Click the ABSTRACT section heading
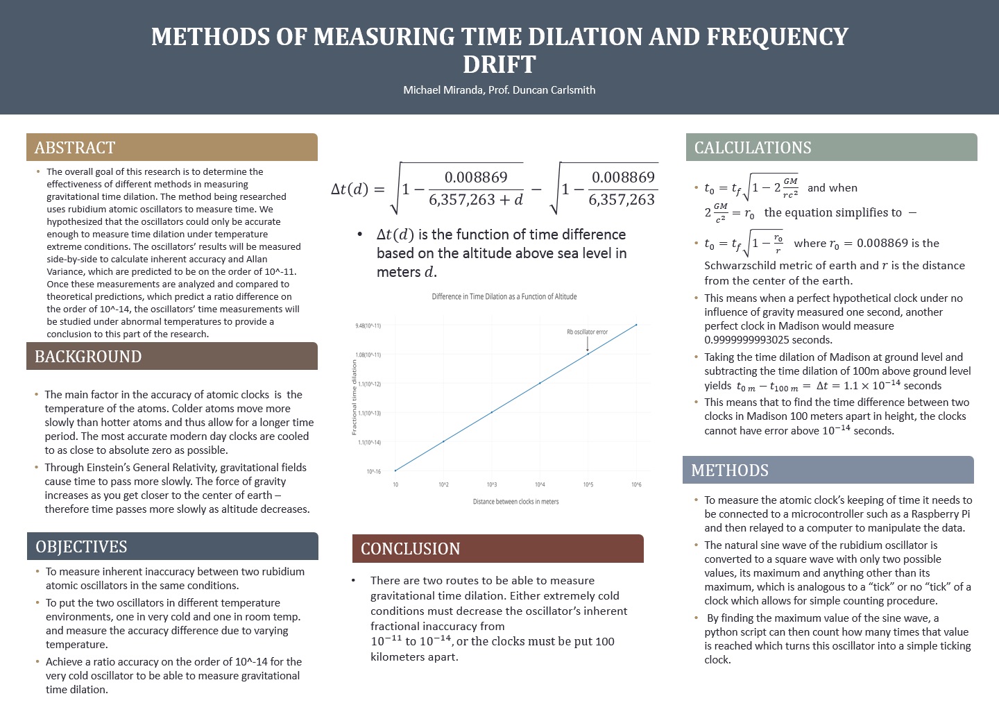75,148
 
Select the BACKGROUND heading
88,357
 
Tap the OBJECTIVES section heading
81,547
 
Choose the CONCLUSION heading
410,549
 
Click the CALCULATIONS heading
753,148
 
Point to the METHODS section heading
730,470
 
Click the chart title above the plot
504,296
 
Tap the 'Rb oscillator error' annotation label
587,332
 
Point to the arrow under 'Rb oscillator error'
588,343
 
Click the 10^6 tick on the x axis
636,484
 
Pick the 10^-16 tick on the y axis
374,472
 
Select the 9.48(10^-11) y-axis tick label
368,325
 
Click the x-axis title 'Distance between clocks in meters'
515,501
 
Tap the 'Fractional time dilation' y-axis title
354,398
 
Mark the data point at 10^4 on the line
540,383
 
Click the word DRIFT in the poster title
499,65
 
